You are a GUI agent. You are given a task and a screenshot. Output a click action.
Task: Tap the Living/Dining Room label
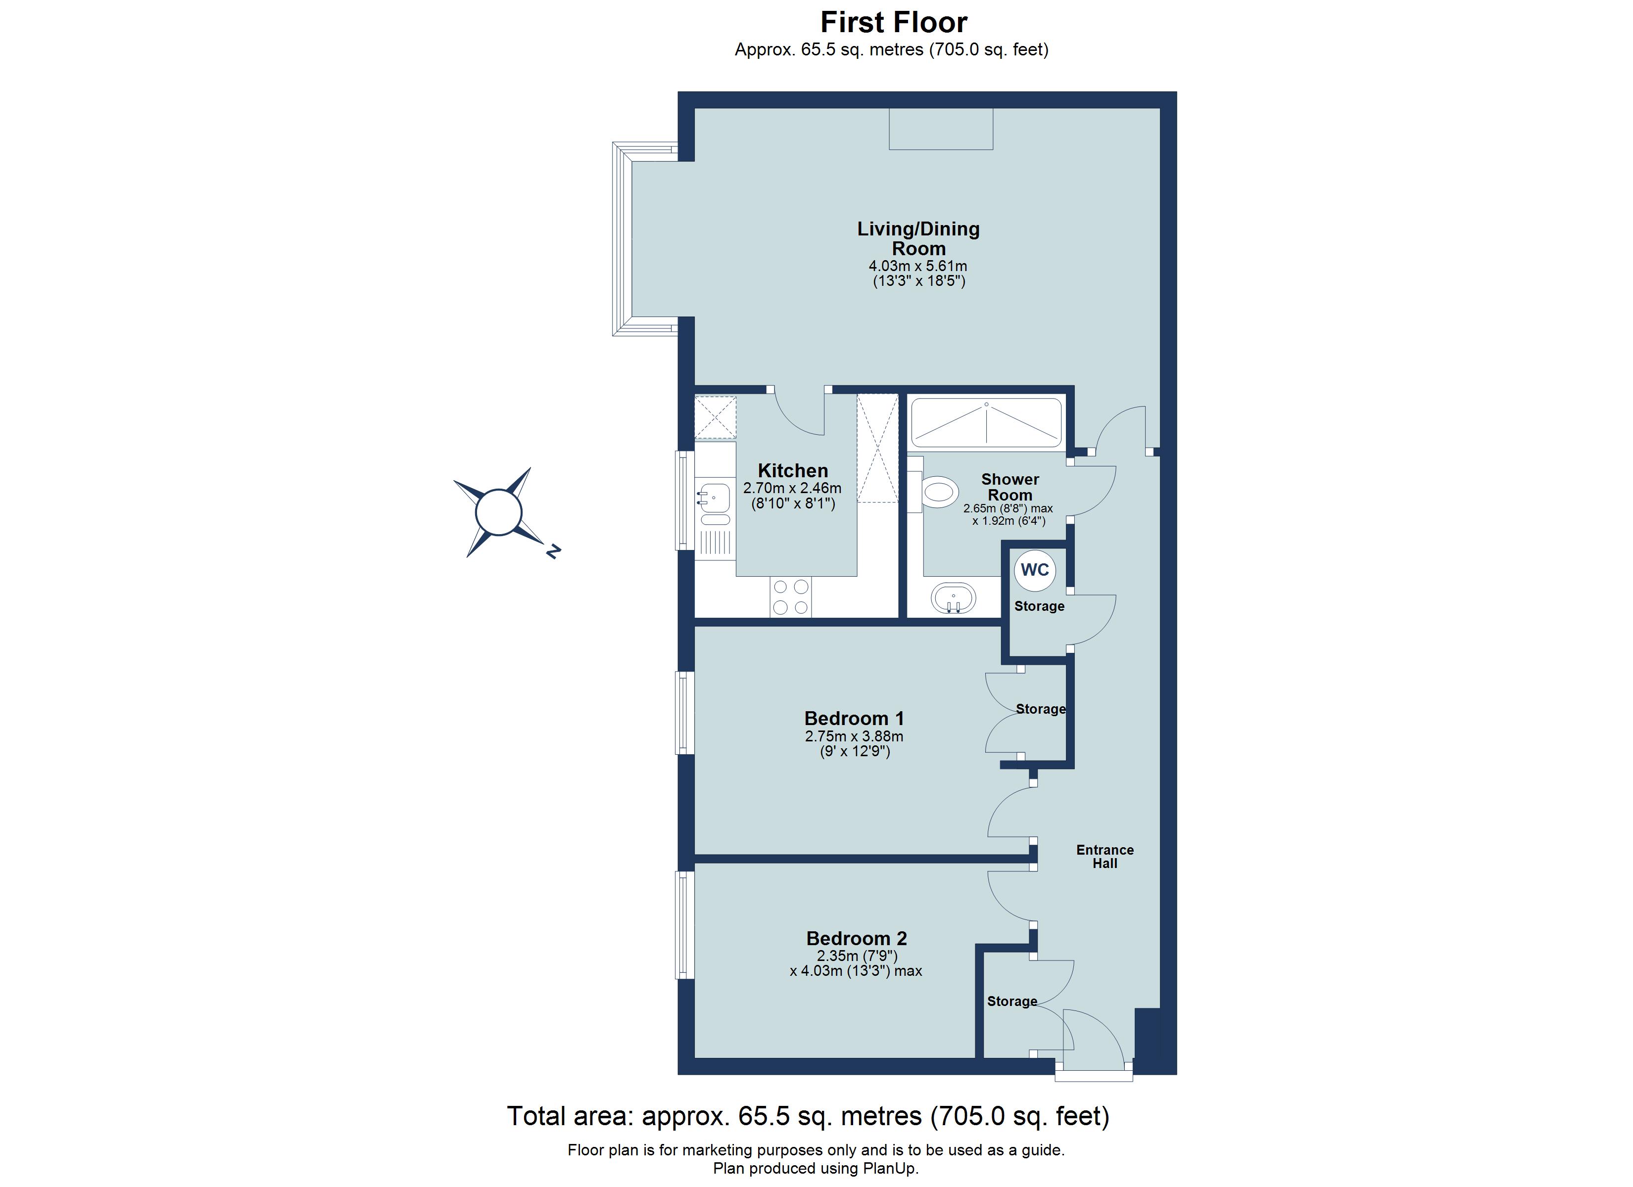[x=918, y=238]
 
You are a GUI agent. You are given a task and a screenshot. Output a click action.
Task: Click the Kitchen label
[x=793, y=471]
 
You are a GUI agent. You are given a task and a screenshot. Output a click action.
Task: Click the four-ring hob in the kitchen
[x=791, y=597]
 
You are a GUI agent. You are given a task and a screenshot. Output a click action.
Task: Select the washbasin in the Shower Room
[x=953, y=597]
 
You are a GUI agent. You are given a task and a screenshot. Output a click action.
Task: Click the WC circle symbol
[x=1035, y=570]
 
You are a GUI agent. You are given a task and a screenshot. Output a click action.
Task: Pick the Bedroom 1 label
[x=854, y=719]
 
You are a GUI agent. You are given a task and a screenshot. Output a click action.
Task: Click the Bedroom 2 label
[x=856, y=939]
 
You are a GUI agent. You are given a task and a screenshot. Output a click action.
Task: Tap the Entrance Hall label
[x=1105, y=857]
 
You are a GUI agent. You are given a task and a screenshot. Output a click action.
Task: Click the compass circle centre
[x=498, y=512]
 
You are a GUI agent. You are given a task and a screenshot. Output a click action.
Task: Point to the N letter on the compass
[x=553, y=551]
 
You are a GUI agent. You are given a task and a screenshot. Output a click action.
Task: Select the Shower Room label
[x=1009, y=487]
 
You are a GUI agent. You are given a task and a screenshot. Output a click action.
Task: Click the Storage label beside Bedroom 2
[x=1011, y=1001]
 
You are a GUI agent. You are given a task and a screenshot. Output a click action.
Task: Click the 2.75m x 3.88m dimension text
[x=854, y=736]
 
